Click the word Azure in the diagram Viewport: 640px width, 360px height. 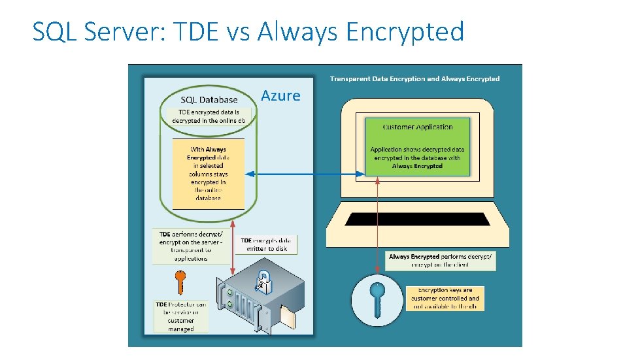280,96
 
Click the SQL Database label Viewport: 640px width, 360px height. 209,100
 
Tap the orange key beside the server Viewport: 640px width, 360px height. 180,282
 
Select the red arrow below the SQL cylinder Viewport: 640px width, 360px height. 234,250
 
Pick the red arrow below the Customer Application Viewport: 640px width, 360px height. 377,225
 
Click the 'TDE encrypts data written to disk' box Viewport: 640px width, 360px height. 267,244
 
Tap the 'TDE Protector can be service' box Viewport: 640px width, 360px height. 181,316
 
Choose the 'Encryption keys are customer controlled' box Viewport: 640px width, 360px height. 445,298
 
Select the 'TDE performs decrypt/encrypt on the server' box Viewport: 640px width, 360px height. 192,246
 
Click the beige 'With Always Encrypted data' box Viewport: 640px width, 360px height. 207,173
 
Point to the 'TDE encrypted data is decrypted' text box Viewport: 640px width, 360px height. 209,116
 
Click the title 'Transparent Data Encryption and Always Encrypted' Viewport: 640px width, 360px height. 414,79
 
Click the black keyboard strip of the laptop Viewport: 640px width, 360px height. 417,219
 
